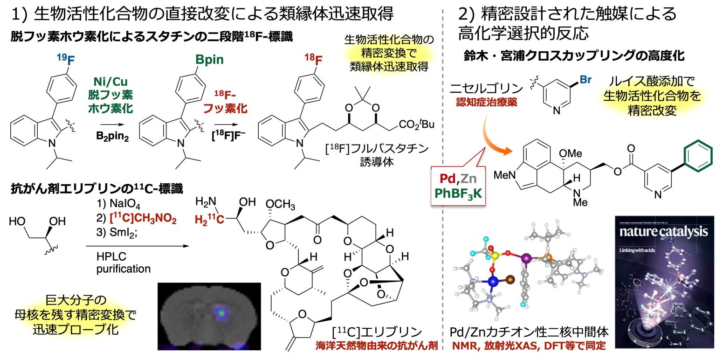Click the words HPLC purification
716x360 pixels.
(x=124, y=263)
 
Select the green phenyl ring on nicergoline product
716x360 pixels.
(x=697, y=157)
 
